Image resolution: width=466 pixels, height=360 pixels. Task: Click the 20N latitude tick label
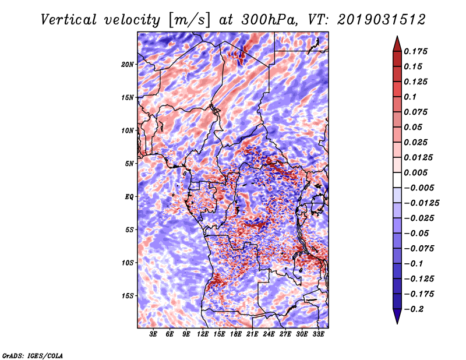click(x=128, y=64)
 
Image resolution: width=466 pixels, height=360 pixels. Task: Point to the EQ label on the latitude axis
click(x=130, y=197)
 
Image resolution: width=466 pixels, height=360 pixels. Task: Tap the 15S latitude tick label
click(x=128, y=296)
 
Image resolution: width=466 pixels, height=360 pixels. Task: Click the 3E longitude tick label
click(x=154, y=334)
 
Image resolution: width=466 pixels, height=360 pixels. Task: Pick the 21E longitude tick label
click(x=252, y=334)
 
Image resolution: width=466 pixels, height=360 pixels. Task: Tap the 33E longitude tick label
click(x=318, y=334)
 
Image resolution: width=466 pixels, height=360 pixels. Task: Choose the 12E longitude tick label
click(x=203, y=334)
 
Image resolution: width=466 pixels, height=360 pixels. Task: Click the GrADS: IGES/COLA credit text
click(x=32, y=355)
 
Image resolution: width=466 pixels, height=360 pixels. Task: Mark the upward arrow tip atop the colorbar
click(x=396, y=38)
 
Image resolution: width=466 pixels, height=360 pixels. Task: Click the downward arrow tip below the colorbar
click(x=396, y=322)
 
